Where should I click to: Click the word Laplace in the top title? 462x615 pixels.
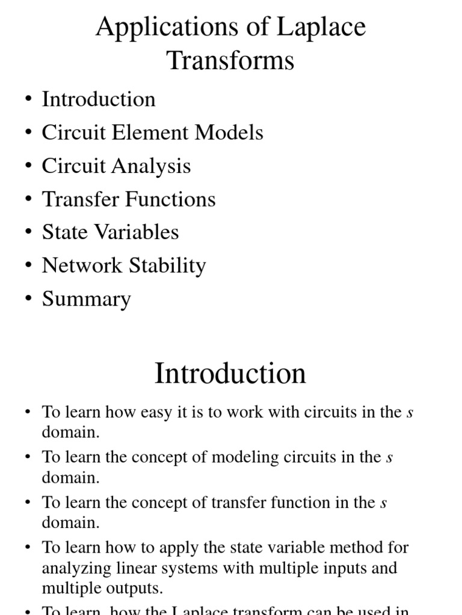point(321,28)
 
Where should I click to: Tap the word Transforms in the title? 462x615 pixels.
point(230,61)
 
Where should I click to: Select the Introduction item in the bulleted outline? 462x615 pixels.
point(99,99)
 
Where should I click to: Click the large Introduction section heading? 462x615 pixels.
point(230,374)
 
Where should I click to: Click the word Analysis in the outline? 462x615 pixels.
point(153,166)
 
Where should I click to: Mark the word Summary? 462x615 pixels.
point(86,299)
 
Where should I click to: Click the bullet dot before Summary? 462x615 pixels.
point(28,299)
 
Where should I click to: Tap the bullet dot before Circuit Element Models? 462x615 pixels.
point(28,133)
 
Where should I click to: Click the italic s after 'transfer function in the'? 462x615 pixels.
point(383,503)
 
